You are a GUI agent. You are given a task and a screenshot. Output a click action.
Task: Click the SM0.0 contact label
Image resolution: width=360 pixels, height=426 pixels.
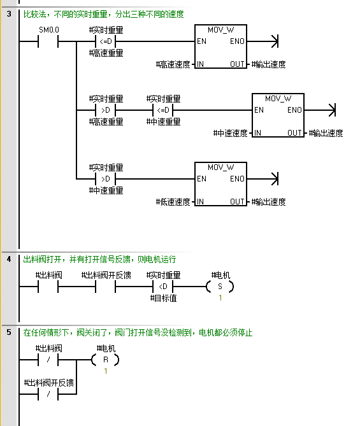click(49, 30)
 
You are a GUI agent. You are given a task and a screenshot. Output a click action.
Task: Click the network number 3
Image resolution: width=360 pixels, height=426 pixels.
click(9, 13)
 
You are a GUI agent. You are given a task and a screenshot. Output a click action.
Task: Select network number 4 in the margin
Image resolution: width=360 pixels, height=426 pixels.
click(9, 259)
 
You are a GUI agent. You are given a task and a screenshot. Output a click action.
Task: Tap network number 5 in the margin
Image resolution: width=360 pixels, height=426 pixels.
click(9, 332)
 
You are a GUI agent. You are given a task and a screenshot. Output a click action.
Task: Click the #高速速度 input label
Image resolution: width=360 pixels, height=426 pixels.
click(173, 64)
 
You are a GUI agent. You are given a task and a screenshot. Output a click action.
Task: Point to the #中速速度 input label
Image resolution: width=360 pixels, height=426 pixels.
click(230, 133)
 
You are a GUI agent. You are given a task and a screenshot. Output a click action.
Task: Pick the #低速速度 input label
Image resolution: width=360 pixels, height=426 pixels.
click(173, 202)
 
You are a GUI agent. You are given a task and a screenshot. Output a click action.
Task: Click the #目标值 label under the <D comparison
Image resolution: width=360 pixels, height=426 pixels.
click(163, 298)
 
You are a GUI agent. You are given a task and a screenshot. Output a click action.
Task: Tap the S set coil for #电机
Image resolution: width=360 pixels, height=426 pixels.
click(220, 287)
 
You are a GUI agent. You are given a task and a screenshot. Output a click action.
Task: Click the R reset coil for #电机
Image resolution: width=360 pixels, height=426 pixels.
click(106, 360)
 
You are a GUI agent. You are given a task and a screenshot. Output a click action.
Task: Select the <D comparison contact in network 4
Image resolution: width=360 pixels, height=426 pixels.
click(163, 287)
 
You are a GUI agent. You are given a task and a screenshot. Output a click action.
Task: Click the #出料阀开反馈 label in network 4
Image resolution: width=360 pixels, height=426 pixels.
click(106, 275)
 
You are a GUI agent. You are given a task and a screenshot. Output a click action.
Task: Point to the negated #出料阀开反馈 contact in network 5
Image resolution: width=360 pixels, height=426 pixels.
click(48, 394)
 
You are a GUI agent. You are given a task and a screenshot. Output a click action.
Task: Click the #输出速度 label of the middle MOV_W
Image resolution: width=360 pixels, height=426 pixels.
click(326, 133)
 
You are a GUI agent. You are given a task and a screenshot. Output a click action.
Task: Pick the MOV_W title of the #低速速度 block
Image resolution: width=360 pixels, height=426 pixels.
click(220, 167)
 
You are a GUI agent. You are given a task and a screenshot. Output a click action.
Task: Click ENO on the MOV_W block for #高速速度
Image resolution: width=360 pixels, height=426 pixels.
click(237, 41)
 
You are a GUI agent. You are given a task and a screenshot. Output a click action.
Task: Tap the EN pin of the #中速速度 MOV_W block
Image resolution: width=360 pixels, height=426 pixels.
click(259, 110)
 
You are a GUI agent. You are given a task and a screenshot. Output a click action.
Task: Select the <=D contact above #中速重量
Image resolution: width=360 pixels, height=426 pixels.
click(163, 110)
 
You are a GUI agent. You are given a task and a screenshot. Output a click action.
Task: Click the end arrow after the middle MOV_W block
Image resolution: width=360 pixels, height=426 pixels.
click(332, 110)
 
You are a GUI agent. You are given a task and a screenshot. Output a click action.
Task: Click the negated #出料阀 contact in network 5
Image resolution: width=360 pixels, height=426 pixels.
click(48, 360)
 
